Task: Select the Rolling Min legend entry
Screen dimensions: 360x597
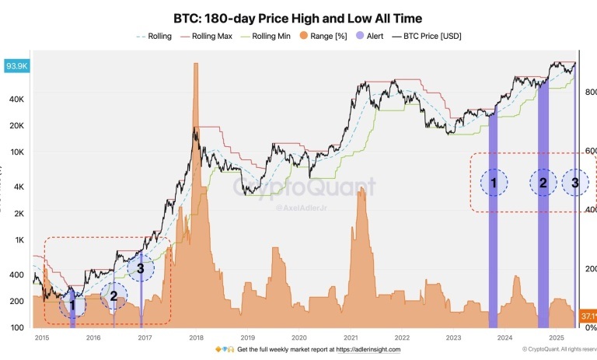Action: coord(267,36)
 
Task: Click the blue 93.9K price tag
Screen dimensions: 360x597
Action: coord(16,66)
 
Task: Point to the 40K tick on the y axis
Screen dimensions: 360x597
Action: coord(18,100)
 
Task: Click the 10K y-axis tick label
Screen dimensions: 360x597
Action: coord(18,152)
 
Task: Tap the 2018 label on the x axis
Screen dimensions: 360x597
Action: coord(196,337)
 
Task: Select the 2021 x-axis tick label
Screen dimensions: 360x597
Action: coord(350,337)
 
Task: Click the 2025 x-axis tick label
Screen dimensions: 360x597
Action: coord(555,337)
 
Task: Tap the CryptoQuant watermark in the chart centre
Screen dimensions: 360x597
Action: coord(305,187)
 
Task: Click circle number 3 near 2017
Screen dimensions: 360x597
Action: coord(140,269)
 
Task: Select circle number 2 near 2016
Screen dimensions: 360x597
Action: coord(113,295)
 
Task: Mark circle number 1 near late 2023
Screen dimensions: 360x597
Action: coord(492,183)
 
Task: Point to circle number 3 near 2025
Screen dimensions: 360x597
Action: coord(575,183)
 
